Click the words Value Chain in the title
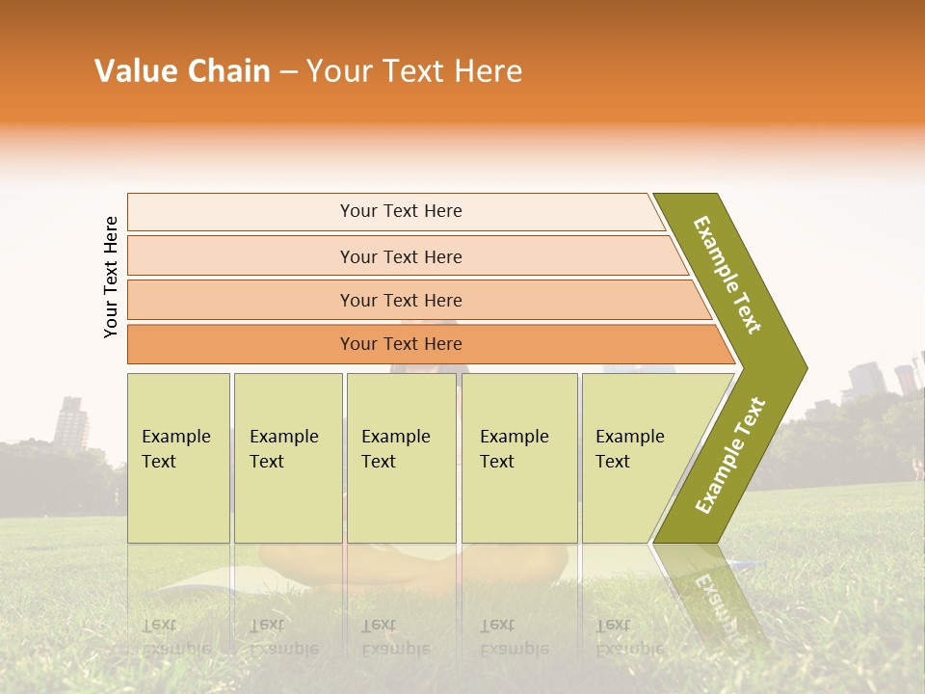[x=182, y=71]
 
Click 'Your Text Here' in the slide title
[x=414, y=71]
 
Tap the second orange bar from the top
[x=401, y=256]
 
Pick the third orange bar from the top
[x=401, y=300]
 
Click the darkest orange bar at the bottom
[x=401, y=344]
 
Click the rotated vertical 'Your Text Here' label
[x=111, y=277]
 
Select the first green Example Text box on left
[x=178, y=458]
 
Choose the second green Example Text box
[x=287, y=458]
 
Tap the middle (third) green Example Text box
[x=401, y=458]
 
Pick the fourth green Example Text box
[x=518, y=458]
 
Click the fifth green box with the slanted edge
[x=636, y=458]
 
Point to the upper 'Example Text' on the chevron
[x=728, y=274]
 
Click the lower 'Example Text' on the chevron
[x=730, y=455]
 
